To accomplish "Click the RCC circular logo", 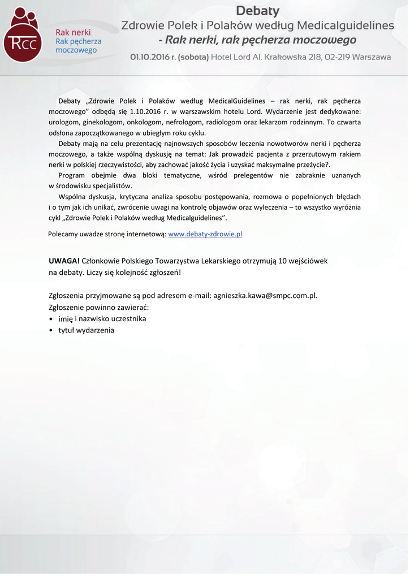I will pos(22,40).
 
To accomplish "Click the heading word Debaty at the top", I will pos(257,11).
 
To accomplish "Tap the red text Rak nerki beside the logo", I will pos(73,32).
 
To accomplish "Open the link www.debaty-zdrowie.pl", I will pos(205,234).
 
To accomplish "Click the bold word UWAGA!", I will pos(64,261).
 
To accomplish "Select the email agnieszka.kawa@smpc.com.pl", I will pos(265,295).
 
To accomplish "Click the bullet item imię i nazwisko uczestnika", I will pos(102,318).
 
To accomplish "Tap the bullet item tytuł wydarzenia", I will pos(86,330).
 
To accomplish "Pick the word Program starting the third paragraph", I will pos(72,175).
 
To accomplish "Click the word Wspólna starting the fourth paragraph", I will pos(72,196).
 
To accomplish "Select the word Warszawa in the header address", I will pos(371,57).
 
